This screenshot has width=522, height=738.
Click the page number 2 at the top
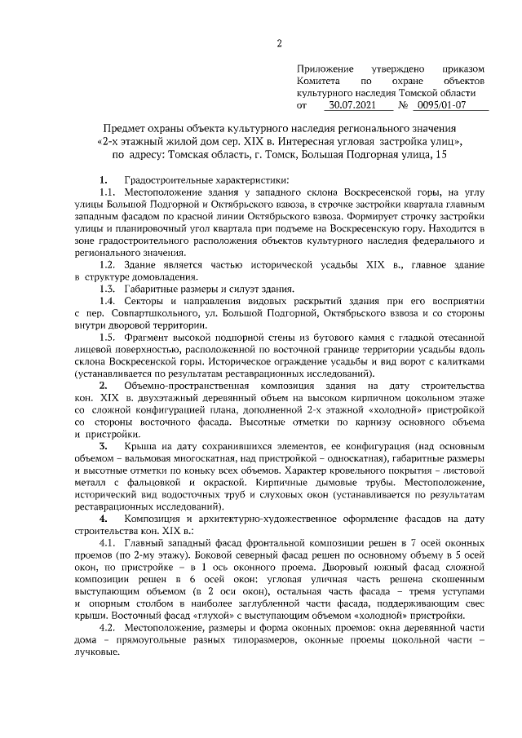pos(279,43)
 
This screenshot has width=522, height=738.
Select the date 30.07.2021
pos(352,105)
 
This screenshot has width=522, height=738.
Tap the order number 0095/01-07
pos(442,105)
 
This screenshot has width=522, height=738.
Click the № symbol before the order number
pos(403,105)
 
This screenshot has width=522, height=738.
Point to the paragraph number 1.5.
pos(108,338)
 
